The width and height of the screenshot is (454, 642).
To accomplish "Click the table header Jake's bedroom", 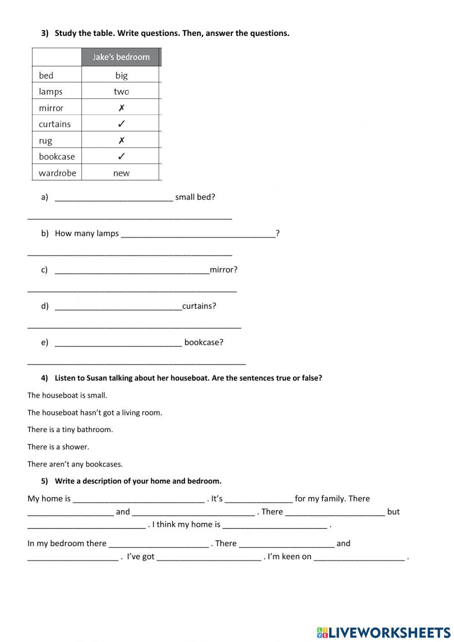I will click(121, 57).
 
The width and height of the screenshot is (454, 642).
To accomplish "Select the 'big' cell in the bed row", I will click(121, 75).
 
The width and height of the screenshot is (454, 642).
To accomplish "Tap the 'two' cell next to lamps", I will click(121, 92).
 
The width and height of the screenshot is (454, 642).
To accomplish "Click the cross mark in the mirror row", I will click(121, 108).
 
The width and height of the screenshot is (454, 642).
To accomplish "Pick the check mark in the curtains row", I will click(121, 124).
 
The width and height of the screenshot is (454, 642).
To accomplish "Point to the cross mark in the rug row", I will click(121, 140).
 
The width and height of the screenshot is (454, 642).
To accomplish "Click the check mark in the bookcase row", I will click(121, 157).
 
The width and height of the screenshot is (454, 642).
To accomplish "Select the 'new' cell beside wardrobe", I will click(121, 173).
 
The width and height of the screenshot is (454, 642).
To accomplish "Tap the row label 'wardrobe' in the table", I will click(57, 173).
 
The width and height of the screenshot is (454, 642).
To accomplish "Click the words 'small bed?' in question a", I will click(195, 197).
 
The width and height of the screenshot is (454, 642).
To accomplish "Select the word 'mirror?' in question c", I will click(223, 270).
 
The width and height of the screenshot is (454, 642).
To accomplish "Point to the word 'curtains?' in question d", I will click(199, 306).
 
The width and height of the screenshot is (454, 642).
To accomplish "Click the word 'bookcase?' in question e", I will click(204, 343).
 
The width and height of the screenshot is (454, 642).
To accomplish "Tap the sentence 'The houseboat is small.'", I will click(67, 395).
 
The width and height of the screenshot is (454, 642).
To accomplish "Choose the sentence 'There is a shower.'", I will click(58, 447).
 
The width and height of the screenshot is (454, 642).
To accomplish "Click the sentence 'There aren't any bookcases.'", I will click(75, 464).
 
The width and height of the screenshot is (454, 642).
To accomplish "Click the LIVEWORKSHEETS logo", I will click(383, 632).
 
